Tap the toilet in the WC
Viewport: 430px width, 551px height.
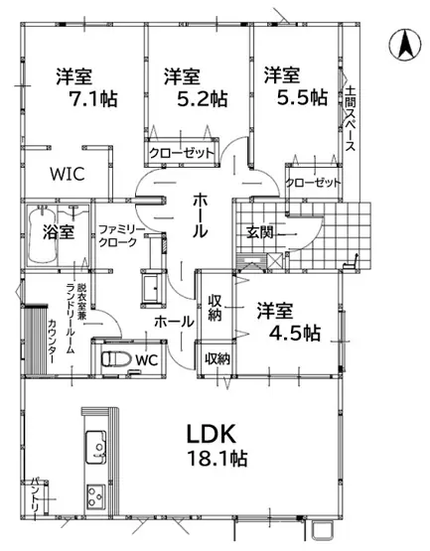111,359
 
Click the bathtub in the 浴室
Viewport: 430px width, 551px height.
42,236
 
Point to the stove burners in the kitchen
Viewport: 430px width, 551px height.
95,496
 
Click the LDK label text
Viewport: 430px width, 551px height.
211,434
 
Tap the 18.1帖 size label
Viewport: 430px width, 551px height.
217,459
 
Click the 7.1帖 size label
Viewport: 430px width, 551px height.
94,98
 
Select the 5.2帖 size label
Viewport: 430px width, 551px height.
202,98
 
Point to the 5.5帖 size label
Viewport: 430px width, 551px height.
302,97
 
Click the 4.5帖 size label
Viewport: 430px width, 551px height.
295,333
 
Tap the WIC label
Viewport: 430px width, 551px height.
68,174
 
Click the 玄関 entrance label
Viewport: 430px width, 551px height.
259,232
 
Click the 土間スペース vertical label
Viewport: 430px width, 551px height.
350,118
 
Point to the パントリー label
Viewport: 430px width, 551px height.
36,497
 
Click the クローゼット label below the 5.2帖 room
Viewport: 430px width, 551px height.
182,153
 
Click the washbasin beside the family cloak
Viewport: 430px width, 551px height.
153,288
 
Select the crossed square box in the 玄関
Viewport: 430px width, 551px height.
275,261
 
